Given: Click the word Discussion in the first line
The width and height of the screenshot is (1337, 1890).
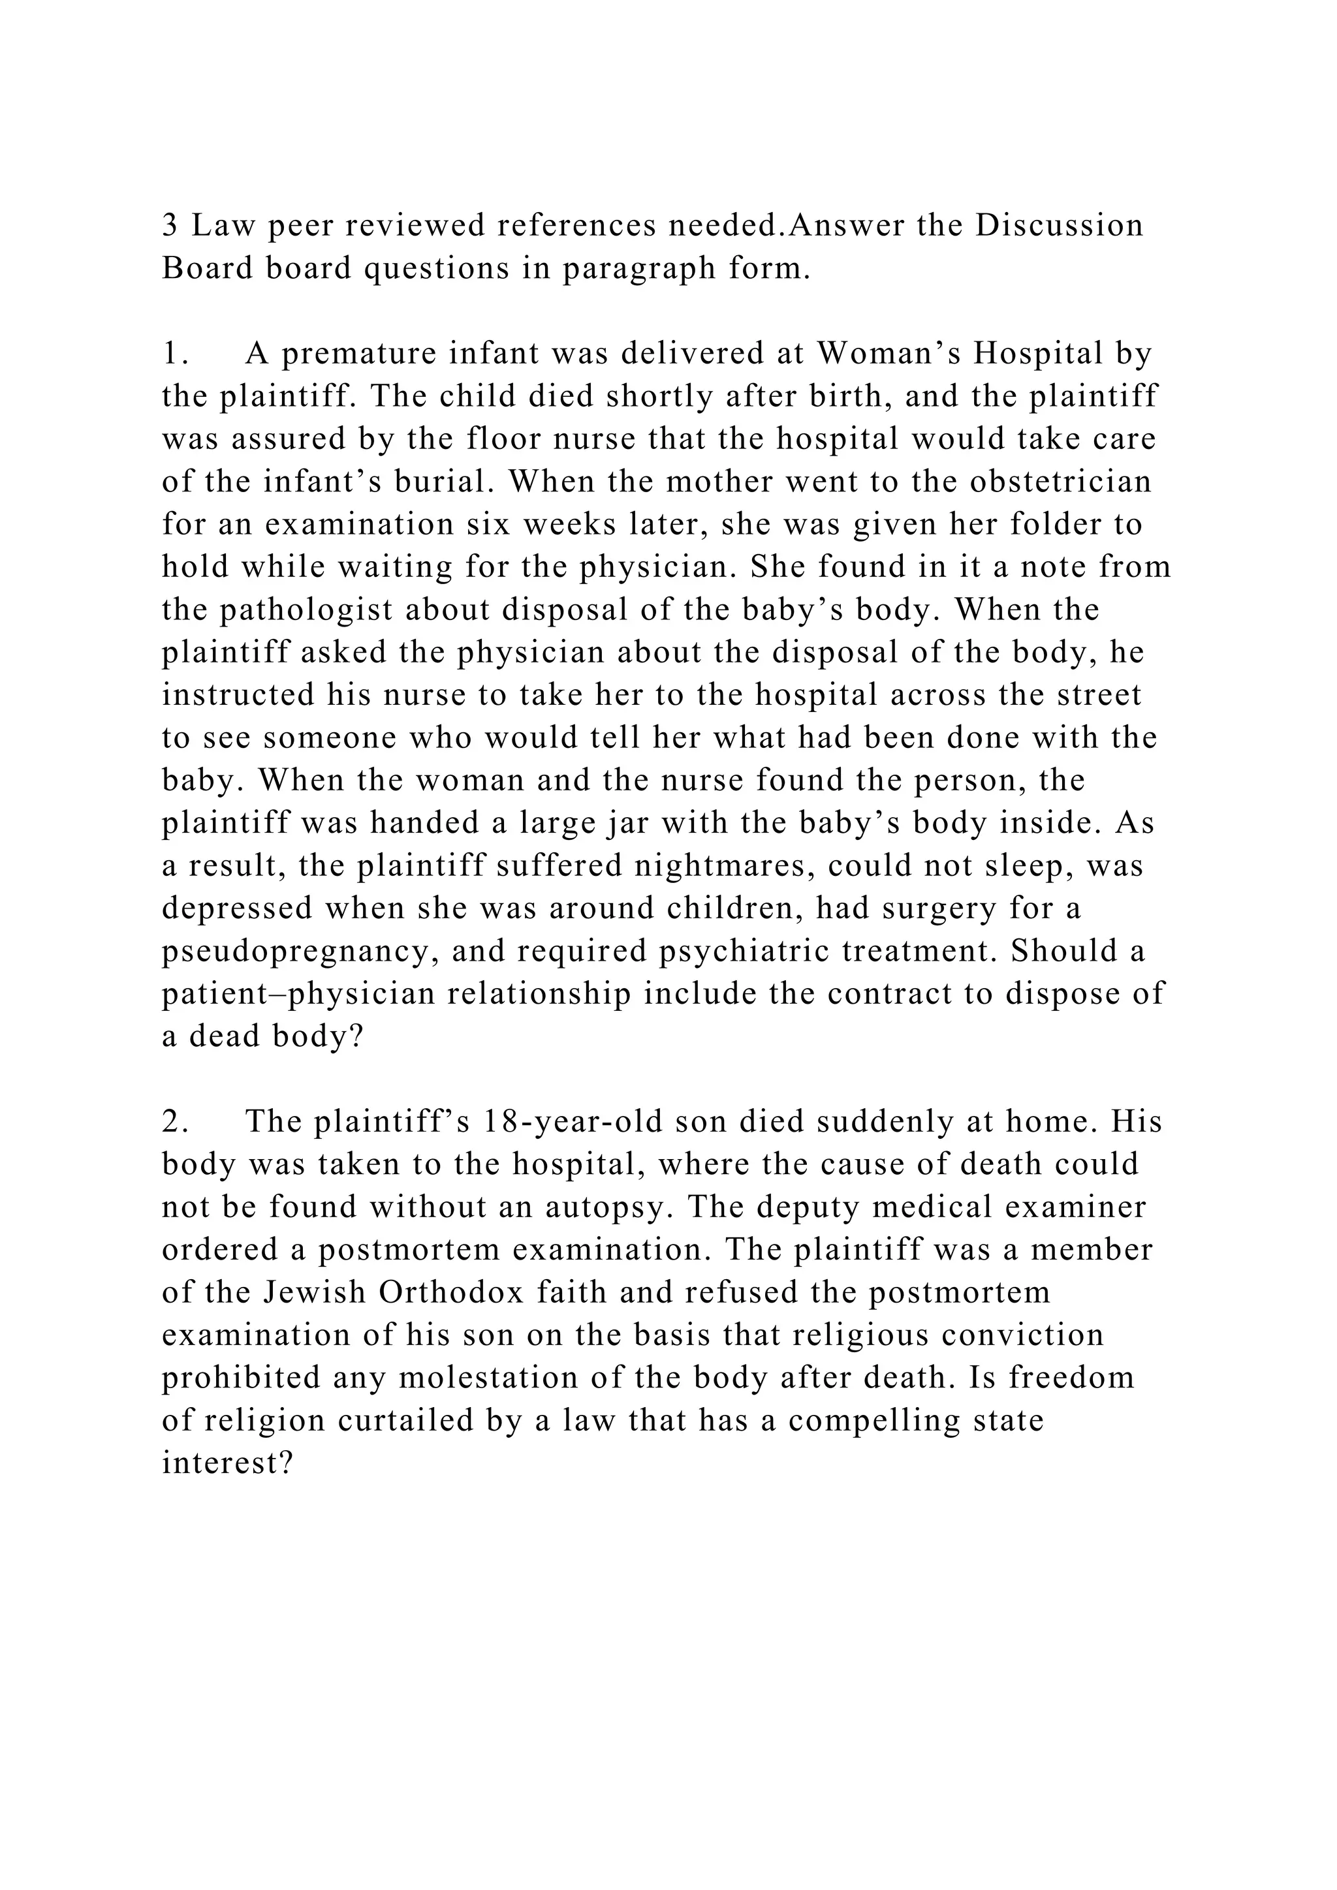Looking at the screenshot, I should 1060,226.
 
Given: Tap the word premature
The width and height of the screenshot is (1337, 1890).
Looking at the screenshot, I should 358,354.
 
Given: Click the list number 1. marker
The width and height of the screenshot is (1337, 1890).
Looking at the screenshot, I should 176,354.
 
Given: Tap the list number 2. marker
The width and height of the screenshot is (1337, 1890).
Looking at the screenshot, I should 176,1123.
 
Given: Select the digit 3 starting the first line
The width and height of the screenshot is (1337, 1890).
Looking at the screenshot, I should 170,226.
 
